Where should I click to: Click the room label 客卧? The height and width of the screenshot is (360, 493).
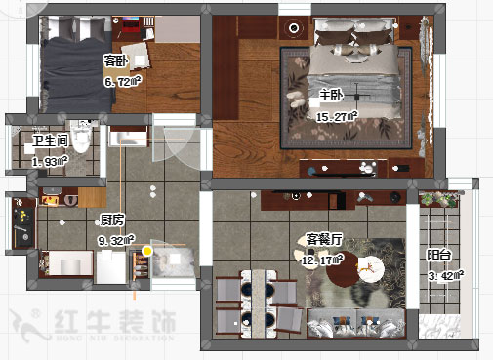[x=116, y=60]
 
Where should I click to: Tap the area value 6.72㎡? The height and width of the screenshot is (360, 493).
[x=124, y=82]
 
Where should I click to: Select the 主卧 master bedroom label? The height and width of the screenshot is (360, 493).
[x=330, y=96]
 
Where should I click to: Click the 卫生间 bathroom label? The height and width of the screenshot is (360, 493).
[x=50, y=141]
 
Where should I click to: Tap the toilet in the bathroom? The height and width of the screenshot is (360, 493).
[x=84, y=146]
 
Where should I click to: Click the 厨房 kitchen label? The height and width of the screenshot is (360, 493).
[x=112, y=220]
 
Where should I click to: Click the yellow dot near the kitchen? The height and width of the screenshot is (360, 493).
[x=146, y=251]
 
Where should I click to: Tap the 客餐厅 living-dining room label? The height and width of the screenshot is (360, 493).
[x=323, y=239]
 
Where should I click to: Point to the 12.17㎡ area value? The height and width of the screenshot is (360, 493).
[x=324, y=260]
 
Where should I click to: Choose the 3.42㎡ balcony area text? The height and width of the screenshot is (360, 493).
[x=447, y=275]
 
